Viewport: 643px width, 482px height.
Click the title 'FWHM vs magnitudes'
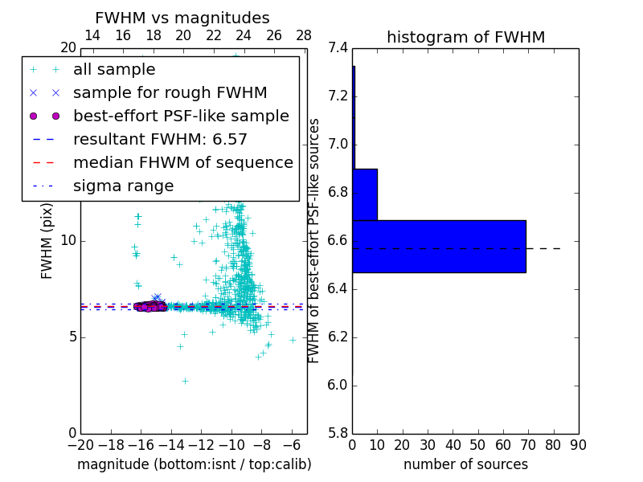coord(182,18)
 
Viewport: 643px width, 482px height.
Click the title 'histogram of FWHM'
coord(465,37)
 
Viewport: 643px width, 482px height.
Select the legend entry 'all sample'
coord(114,70)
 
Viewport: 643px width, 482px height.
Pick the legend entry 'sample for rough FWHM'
coord(170,93)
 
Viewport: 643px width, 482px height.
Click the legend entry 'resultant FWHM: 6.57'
coord(160,140)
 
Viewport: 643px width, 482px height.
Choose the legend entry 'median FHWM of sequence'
coord(182,163)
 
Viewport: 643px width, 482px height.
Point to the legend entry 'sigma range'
coord(123,186)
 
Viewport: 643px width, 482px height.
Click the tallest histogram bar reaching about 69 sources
coord(439,247)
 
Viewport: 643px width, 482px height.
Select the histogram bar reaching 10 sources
coord(365,194)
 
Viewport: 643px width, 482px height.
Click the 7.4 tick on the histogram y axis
coord(338,48)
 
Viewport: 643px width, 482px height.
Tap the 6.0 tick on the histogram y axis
coord(338,386)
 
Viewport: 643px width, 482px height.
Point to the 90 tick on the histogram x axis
coord(578,445)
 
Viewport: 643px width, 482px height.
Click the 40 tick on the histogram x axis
coord(453,445)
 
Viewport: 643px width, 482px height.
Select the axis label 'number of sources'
coord(465,464)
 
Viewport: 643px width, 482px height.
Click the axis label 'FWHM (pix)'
coord(47,241)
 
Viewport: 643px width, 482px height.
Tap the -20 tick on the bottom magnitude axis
coord(80,445)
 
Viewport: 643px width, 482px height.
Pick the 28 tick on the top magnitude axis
coord(304,35)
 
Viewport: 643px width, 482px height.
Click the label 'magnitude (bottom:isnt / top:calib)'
coord(194,464)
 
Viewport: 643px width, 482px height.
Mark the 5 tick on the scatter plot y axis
coord(71,337)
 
